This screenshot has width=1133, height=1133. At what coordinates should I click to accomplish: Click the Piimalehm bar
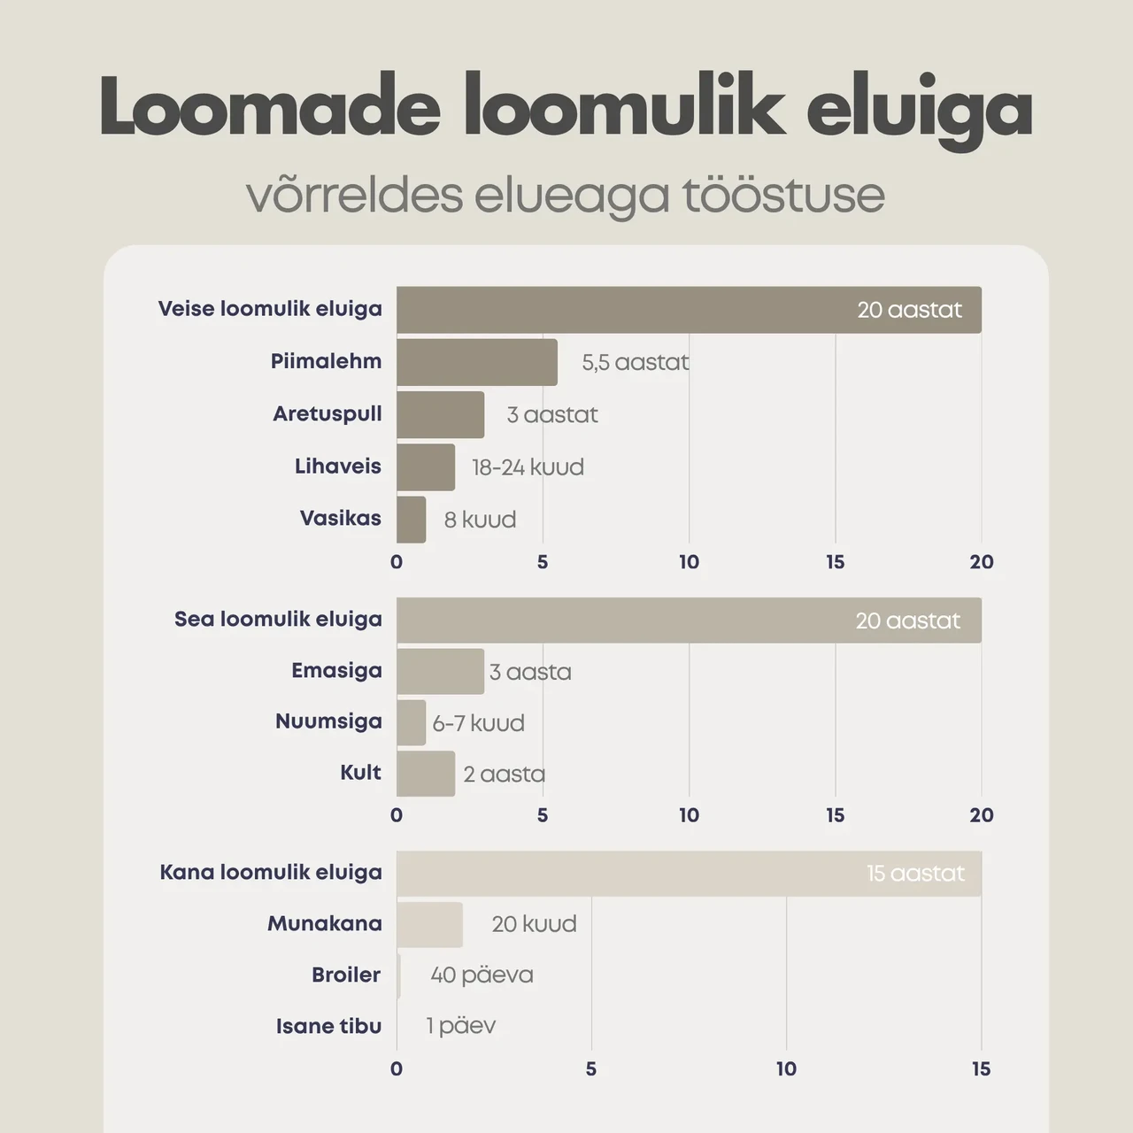477,362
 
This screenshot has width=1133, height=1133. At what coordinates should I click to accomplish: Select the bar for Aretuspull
441,414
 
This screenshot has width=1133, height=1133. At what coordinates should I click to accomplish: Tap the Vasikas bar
411,520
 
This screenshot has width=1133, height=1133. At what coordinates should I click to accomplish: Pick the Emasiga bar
441,672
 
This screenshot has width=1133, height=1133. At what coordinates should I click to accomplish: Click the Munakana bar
429,925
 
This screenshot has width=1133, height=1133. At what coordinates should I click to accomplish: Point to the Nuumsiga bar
411,722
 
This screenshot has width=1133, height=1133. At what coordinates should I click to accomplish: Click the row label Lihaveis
338,466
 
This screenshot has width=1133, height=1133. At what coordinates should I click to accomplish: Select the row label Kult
361,772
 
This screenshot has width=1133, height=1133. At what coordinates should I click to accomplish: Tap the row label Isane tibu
329,1027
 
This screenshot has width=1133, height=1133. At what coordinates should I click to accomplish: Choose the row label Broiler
346,975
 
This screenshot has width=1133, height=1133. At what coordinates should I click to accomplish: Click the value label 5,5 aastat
636,363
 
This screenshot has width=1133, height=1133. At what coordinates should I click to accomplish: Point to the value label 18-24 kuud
528,467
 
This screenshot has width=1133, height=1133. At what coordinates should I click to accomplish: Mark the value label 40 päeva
482,975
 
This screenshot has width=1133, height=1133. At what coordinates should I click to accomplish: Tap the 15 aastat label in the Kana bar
915,874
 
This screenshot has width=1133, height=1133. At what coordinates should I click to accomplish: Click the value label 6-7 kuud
479,723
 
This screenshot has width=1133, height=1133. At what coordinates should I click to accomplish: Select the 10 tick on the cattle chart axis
689,562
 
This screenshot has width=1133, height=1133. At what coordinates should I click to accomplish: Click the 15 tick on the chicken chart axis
982,1069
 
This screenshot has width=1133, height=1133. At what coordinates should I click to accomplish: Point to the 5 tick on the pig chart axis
543,815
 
